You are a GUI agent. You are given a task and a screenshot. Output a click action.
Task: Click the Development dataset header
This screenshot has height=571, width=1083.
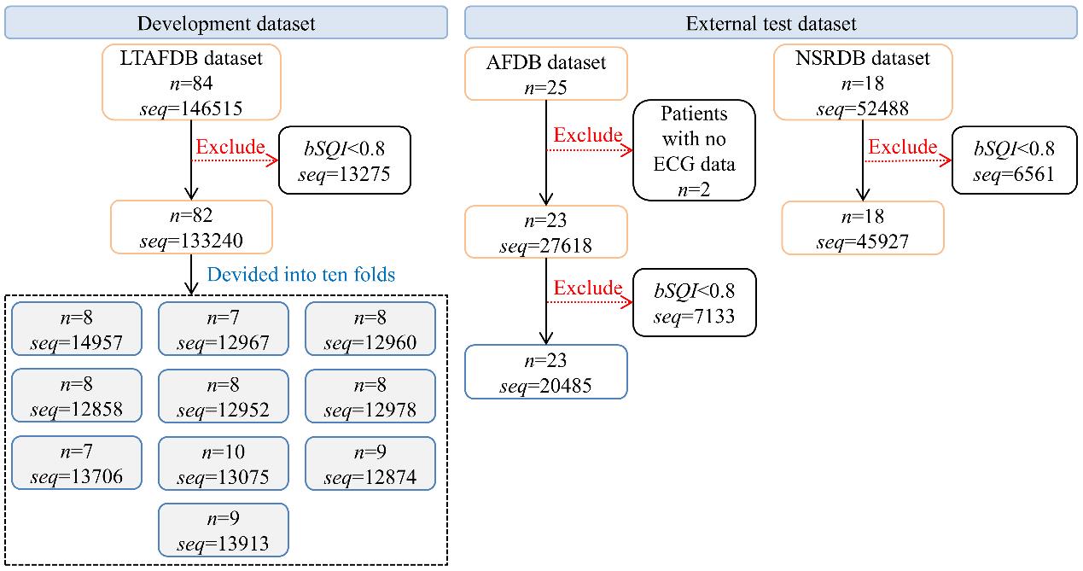226,23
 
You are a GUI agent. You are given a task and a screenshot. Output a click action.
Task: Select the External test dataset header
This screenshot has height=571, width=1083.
771,23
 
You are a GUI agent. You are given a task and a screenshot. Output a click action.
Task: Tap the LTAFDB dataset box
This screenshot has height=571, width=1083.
191,82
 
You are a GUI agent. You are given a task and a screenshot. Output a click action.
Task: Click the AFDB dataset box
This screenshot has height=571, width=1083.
546,74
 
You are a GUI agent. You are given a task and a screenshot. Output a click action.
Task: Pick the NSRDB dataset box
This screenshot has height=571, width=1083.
863,82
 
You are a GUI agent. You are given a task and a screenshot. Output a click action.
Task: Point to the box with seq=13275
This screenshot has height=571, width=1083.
344,160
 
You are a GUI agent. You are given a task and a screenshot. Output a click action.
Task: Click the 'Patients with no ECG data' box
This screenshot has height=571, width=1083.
694,150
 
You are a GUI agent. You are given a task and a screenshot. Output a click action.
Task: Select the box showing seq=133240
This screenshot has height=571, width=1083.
191,227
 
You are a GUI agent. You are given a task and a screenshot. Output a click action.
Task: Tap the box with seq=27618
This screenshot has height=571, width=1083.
546,232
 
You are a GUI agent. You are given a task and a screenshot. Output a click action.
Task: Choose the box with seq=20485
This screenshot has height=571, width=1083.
546,372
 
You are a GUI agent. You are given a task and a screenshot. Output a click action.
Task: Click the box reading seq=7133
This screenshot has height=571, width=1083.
695,303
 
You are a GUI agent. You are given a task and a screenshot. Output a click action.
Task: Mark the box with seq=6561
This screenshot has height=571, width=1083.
1015,160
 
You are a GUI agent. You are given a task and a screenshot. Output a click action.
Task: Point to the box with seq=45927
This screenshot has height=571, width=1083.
863,228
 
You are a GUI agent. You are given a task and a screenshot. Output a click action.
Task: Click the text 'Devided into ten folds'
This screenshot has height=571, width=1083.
300,275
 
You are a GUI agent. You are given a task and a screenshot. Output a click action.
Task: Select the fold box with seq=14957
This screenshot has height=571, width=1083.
77,329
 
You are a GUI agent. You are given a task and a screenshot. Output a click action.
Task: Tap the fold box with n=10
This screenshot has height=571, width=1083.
224,463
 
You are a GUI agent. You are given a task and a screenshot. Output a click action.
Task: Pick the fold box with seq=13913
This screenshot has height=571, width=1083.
224,530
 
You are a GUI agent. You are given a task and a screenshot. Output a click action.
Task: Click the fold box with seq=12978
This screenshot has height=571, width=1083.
370,397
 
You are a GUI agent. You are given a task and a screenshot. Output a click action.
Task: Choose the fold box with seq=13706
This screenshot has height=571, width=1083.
77,463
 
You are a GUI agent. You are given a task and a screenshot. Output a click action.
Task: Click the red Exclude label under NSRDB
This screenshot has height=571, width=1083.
903,147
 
